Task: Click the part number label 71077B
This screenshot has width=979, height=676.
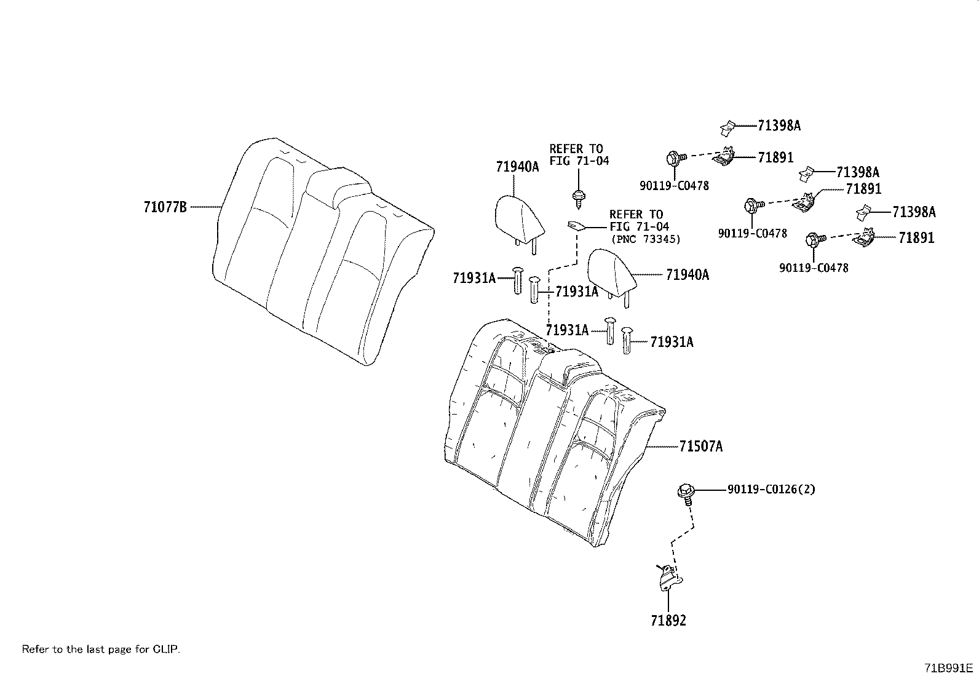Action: coord(165,207)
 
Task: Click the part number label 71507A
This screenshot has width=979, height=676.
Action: coord(701,447)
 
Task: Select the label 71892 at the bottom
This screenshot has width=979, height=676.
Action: coord(668,620)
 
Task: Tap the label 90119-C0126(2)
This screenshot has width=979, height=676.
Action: coord(771,490)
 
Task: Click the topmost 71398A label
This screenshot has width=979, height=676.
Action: coord(779,125)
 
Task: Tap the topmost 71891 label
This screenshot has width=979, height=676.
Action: coord(775,157)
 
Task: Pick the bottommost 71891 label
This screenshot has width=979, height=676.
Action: coord(916,238)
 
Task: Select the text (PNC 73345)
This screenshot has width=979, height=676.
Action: coord(645,239)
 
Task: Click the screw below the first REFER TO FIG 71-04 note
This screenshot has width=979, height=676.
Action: coord(577,197)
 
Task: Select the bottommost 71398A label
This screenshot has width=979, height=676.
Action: coord(914,212)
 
